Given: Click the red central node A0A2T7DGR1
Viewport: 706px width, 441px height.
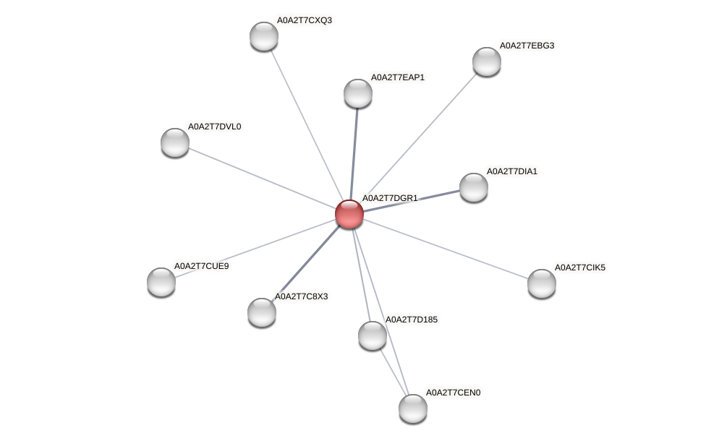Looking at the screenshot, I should point(349,214).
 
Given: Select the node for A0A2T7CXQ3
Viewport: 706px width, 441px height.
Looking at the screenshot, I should point(263,36).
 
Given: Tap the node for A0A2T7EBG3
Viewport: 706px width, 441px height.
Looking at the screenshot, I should point(486,61).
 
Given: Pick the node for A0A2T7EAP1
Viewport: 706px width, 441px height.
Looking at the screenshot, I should point(357,93).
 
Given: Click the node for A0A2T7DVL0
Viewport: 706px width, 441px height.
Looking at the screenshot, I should point(174,142).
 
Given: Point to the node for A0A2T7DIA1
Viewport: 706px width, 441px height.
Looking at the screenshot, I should point(473,187).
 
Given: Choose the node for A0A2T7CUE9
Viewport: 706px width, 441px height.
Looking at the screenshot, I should point(161,282).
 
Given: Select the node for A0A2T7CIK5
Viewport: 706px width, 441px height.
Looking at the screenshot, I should point(541,283).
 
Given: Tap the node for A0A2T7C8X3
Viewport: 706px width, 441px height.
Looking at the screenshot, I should point(261,312).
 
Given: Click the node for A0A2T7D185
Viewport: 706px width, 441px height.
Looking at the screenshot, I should point(372,335).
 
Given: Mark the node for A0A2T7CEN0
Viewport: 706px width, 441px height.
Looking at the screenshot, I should point(412,408).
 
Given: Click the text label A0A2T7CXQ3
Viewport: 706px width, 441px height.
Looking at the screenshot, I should point(305,20).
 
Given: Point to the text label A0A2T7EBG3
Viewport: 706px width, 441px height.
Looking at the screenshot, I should point(527,46).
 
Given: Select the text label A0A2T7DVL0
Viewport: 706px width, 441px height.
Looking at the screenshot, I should point(214,127).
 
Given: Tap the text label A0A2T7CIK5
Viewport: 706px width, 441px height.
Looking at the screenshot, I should point(579,267).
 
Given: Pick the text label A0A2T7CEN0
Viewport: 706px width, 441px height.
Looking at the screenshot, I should point(453,393).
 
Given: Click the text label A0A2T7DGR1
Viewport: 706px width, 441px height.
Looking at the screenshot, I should point(390,198).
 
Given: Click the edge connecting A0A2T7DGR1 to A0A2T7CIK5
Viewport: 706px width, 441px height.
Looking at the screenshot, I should point(445,249).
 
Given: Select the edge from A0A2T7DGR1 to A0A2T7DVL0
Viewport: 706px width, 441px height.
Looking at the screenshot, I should point(261,178).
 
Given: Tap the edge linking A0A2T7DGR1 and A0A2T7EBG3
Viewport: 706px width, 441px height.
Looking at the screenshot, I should point(417,137).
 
